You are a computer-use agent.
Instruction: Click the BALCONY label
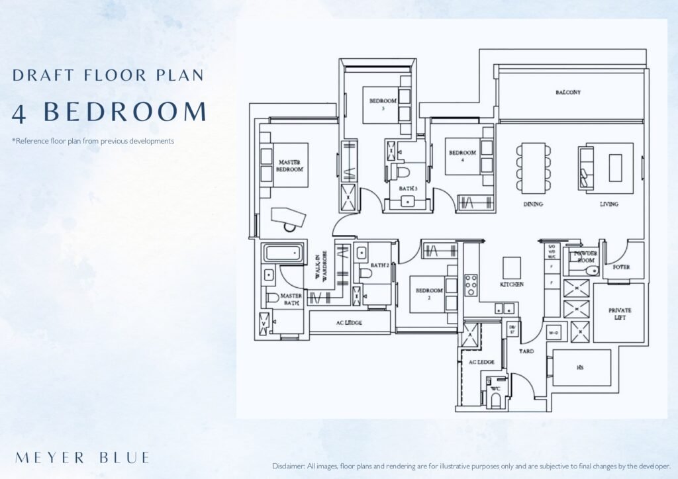(x=568, y=93)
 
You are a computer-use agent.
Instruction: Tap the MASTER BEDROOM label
(x=290, y=165)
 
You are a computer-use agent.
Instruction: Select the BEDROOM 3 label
(x=383, y=105)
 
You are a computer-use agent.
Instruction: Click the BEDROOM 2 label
(x=429, y=294)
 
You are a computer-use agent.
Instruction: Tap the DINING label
(x=533, y=204)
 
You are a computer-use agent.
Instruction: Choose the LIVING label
(x=608, y=204)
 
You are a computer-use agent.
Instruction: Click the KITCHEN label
(x=512, y=284)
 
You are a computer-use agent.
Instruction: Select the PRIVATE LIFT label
(x=620, y=314)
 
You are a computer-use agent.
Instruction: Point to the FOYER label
(x=621, y=267)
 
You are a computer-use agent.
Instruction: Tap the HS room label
(x=580, y=368)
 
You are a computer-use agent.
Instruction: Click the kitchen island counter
(x=512, y=267)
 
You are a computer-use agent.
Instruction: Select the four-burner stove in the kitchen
(x=471, y=284)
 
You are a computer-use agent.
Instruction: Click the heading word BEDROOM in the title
(x=125, y=112)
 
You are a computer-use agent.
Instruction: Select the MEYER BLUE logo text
(x=82, y=457)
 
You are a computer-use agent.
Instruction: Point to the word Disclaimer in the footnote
(x=291, y=466)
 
